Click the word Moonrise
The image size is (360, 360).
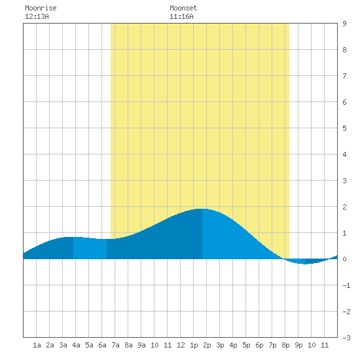click(41, 8)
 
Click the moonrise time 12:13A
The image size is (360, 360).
click(37, 16)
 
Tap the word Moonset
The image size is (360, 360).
click(183, 8)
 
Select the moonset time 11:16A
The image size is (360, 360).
click(181, 16)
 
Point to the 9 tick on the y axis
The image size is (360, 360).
click(344, 24)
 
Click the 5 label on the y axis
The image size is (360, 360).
click(344, 128)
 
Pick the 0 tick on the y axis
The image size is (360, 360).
click(344, 259)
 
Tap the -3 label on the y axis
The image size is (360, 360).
click(346, 338)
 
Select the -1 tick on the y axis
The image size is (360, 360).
click(346, 285)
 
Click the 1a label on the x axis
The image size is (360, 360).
click(37, 345)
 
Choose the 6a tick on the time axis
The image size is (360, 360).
click(102, 345)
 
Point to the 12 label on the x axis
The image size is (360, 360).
click(181, 345)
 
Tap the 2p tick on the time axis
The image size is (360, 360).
click(207, 345)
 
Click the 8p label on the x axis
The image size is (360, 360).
click(285, 345)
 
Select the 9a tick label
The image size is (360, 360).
click(141, 345)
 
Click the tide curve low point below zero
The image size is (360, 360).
click(305, 264)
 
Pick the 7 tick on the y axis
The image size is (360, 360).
click(344, 76)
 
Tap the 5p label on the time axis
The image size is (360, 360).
click(246, 345)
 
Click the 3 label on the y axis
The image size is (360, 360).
click(344, 181)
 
